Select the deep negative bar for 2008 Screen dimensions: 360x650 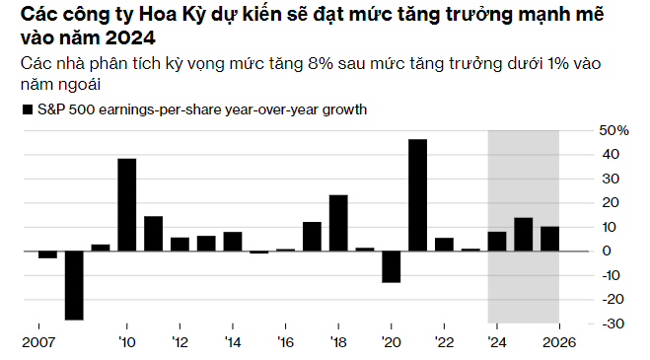74,285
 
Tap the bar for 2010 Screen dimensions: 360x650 127,204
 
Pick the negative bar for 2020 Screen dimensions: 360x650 392,266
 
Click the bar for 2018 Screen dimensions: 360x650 338,223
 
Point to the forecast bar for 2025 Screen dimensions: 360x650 524,234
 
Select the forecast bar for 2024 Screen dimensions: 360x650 497,241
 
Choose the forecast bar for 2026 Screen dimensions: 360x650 550,239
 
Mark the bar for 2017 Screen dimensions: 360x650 312,236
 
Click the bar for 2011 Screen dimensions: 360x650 153,233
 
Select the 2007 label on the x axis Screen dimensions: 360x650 37,343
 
